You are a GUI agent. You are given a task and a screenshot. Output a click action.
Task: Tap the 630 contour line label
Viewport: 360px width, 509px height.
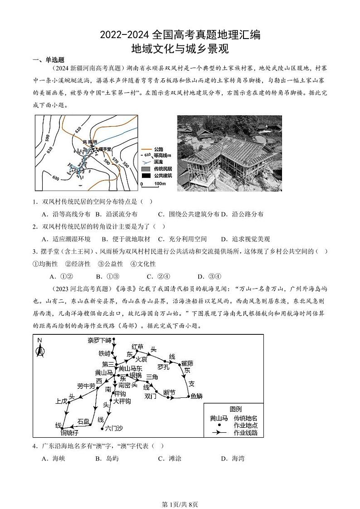click(x=56, y=177)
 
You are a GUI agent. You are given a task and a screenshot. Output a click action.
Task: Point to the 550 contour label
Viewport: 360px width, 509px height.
click(x=126, y=165)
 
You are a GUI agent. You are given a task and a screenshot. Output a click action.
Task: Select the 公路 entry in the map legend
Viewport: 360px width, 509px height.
click(x=159, y=149)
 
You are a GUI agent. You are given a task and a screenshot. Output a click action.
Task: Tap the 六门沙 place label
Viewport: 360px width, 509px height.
click(x=114, y=428)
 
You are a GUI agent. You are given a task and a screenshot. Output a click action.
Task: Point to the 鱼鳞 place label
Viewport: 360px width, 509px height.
click(x=196, y=396)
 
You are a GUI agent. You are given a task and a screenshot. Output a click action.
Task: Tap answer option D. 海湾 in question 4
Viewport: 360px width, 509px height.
click(x=233, y=459)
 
